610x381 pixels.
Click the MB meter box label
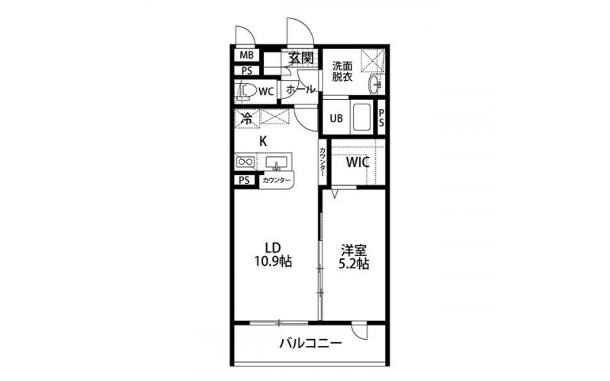(246, 55)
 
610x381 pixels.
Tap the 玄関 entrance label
(300, 58)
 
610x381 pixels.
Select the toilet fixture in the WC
(246, 91)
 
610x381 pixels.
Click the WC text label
(266, 91)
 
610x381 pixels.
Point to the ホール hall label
(300, 89)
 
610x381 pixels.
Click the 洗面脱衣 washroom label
(342, 71)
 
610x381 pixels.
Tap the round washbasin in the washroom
(375, 84)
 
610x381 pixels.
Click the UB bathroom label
(336, 118)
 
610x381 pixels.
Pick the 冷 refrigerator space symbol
(246, 118)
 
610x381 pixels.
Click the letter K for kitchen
(263, 142)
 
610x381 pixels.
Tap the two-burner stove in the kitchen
(245, 162)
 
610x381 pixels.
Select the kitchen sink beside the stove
(277, 162)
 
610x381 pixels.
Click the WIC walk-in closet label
(358, 162)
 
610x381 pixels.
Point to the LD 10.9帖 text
(273, 255)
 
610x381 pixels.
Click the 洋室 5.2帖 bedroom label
(354, 257)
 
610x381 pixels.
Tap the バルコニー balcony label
(311, 344)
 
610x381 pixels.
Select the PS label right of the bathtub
(381, 117)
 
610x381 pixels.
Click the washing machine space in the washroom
(372, 60)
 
